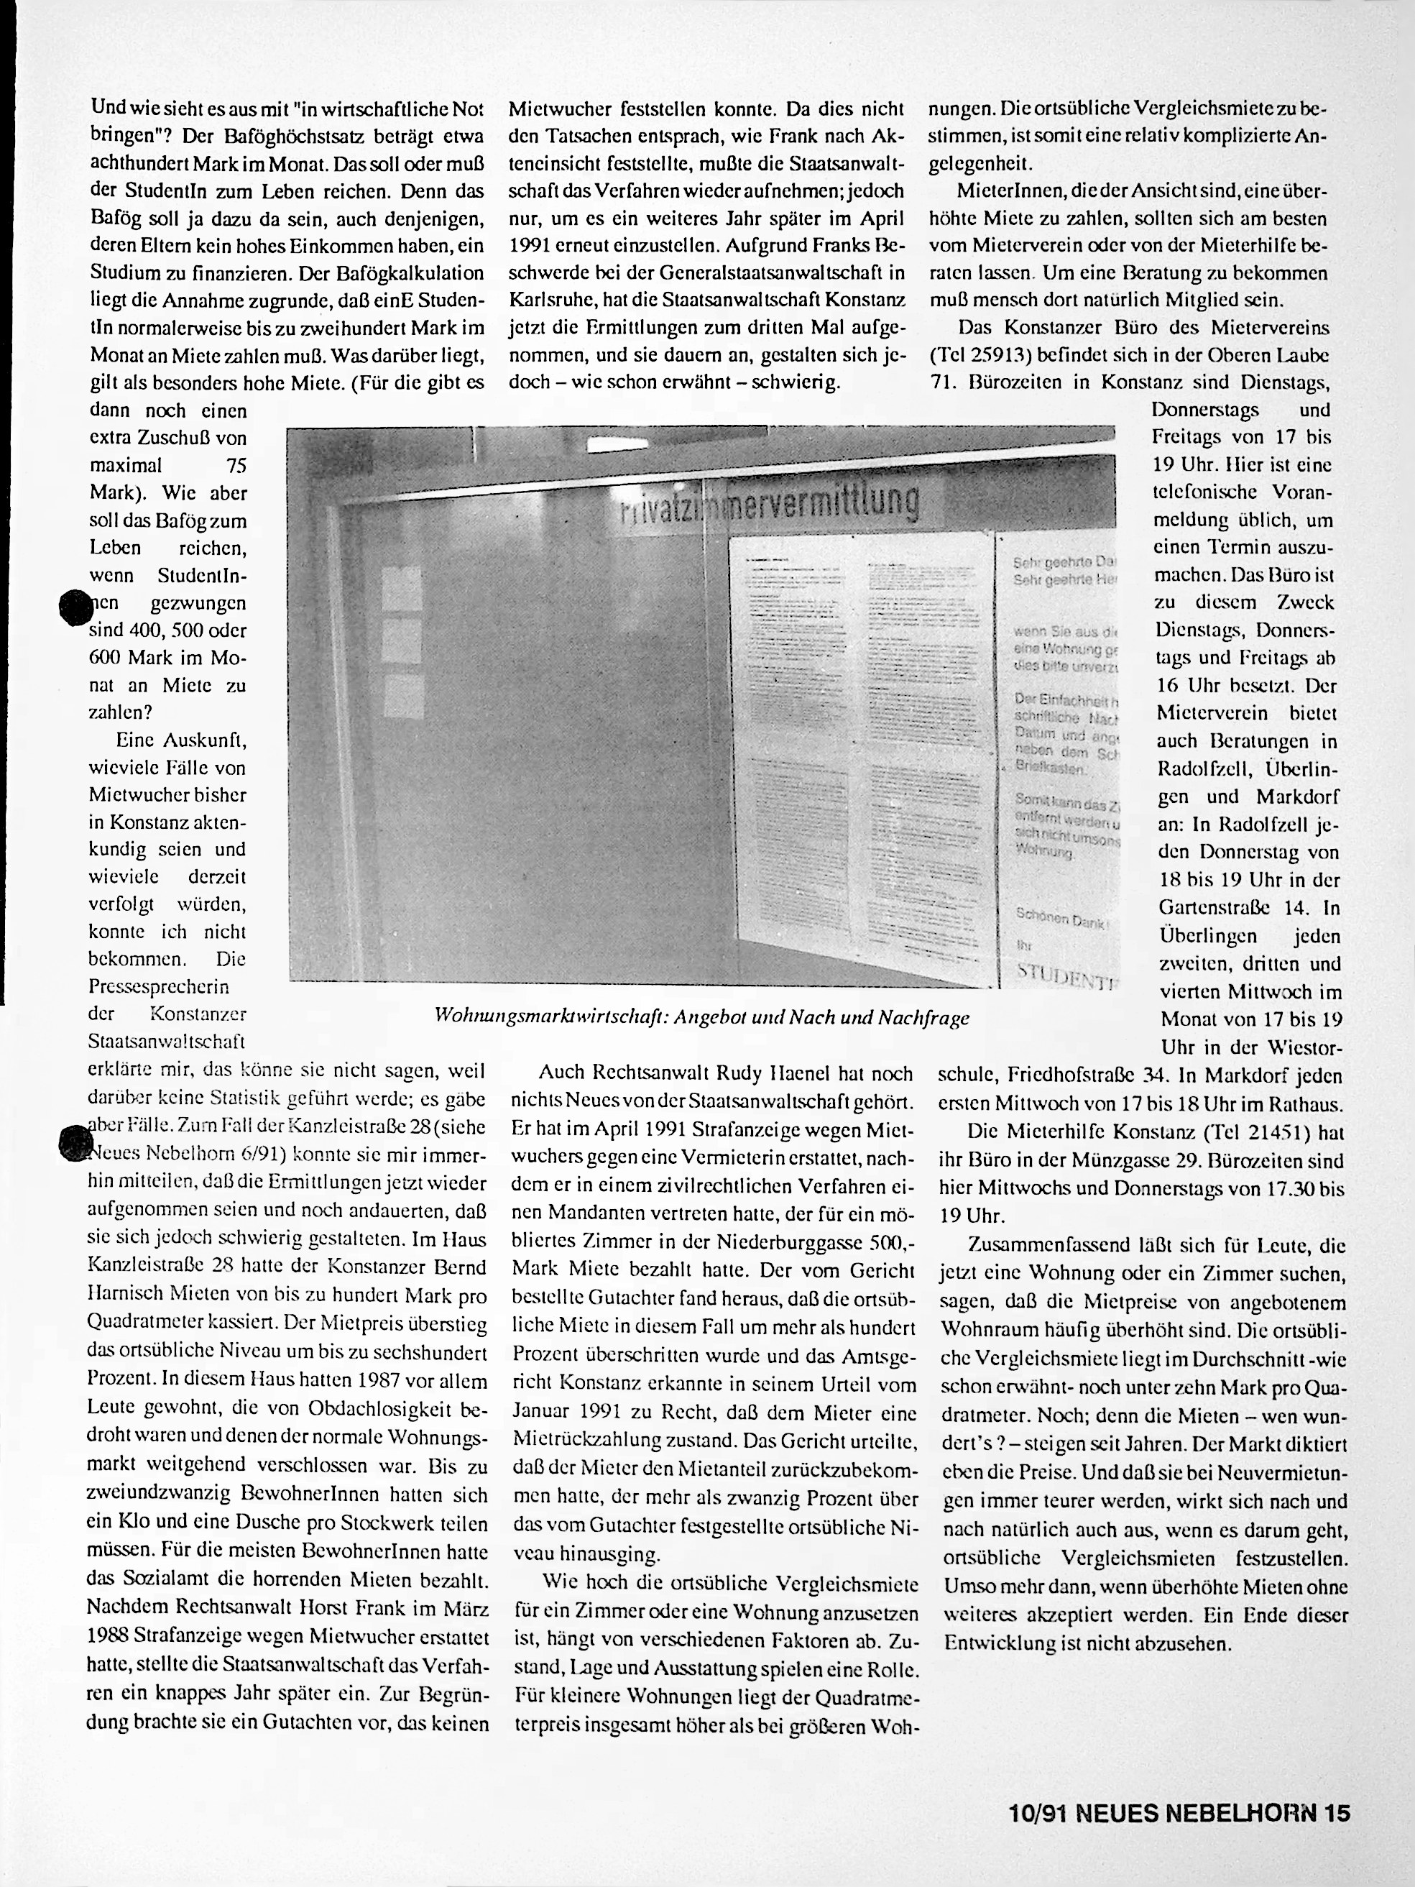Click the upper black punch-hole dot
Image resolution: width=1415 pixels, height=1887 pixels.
[75, 609]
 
